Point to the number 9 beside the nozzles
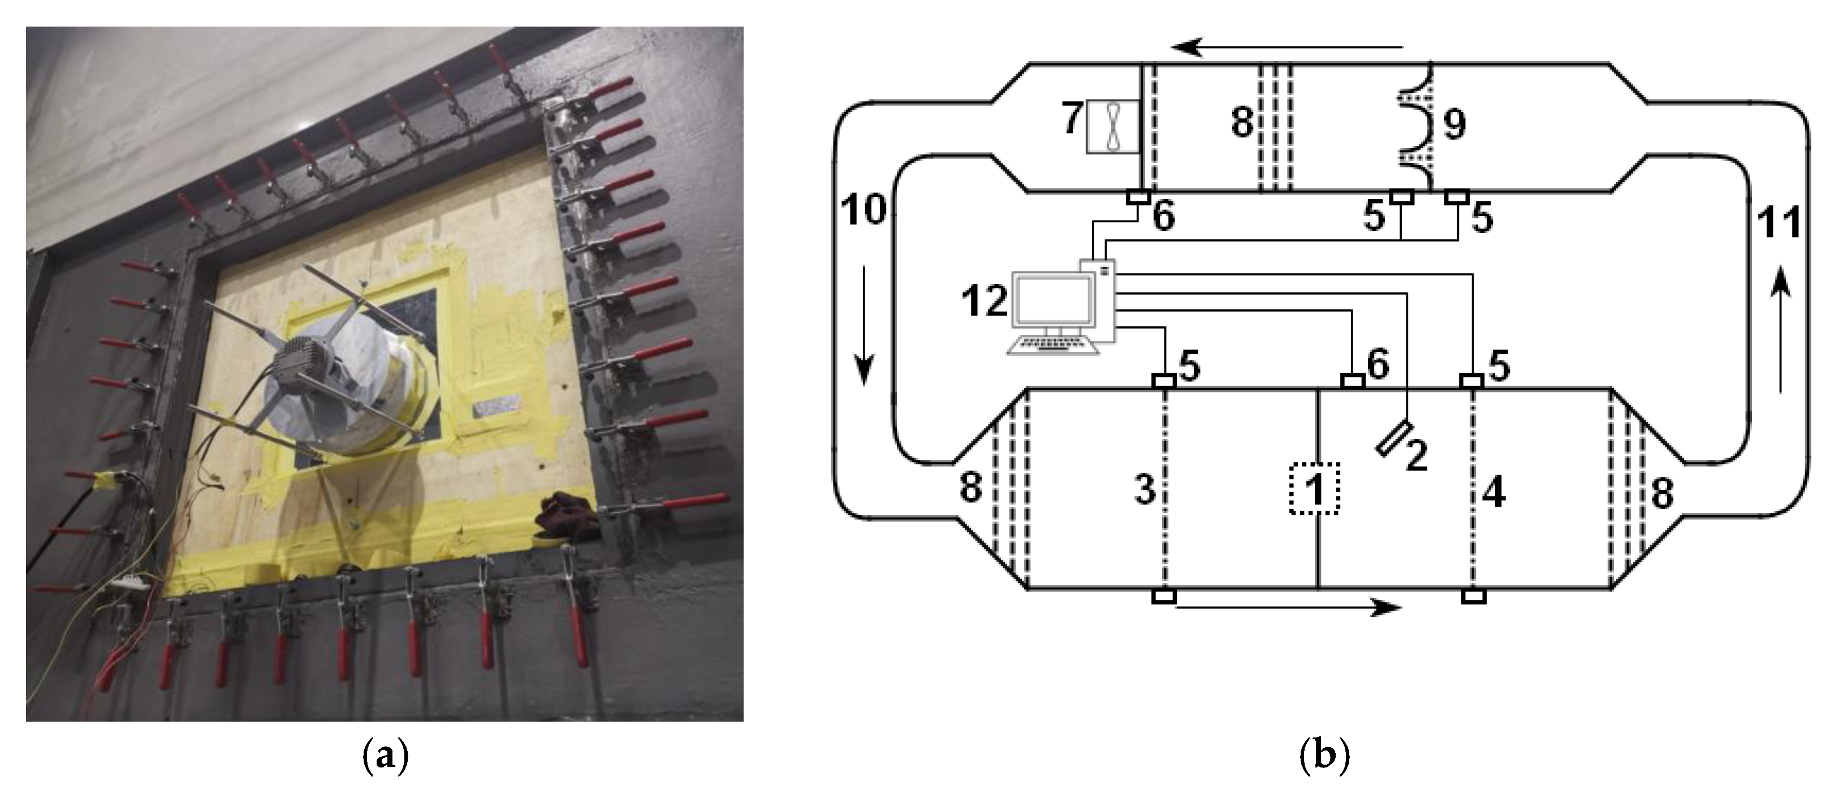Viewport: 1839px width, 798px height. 1454,123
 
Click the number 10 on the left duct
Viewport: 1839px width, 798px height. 864,209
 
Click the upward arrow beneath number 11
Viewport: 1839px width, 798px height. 1782,329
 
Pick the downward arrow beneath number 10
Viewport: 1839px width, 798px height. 864,325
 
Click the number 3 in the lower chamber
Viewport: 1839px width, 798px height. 1145,490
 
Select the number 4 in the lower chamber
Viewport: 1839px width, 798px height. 1493,493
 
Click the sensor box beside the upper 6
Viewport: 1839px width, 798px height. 1138,196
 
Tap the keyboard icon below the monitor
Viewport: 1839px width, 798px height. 1052,346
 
